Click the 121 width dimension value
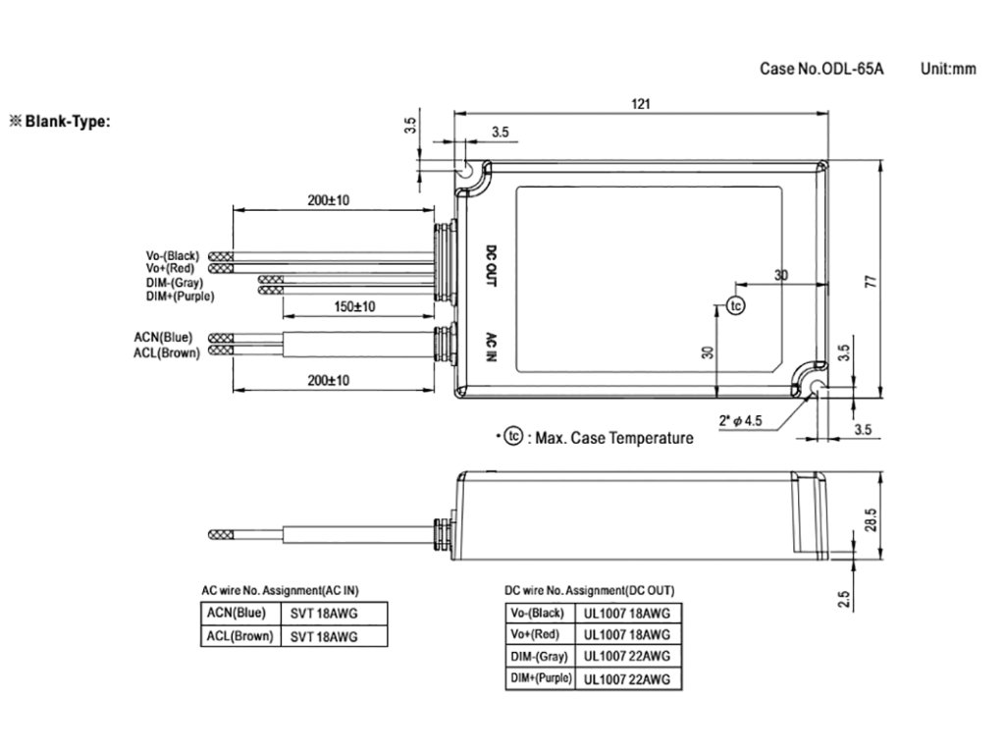tap(641, 104)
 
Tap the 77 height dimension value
tap(871, 281)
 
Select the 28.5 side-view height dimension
tap(871, 520)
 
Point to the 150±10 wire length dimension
tap(354, 306)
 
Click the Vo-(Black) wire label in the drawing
tap(173, 256)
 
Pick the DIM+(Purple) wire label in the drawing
tap(181, 296)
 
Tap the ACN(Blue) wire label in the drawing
tap(163, 338)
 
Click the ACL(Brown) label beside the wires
tap(167, 352)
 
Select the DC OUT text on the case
tap(491, 265)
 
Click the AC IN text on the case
tap(491, 347)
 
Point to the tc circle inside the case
tap(736, 306)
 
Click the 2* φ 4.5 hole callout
tap(740, 420)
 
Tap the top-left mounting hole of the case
tap(464, 171)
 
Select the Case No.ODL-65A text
tap(821, 69)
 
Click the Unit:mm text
tap(948, 69)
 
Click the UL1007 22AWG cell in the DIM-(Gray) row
tap(627, 656)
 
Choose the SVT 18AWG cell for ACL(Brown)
tap(324, 636)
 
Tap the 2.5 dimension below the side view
tap(844, 600)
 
